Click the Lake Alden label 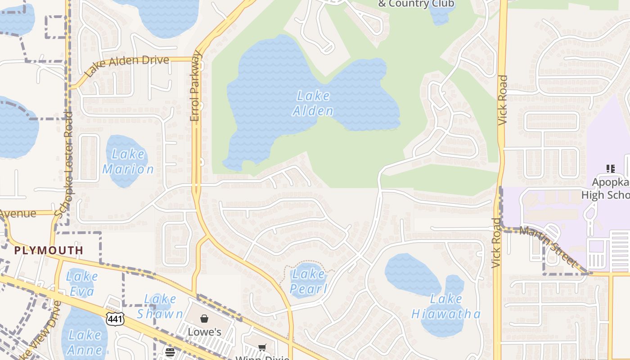(313, 103)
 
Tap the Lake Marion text (128, 162)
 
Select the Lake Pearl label (308, 281)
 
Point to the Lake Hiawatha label (446, 306)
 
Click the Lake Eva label (82, 283)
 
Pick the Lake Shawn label (160, 306)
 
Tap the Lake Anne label (85, 342)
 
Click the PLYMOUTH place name (49, 250)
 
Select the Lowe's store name (204, 332)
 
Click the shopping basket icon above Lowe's (204, 319)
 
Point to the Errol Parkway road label (195, 86)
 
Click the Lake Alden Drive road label (126, 66)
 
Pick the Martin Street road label (548, 245)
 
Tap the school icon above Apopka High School (610, 169)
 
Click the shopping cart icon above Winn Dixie (262, 347)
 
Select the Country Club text (416, 4)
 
